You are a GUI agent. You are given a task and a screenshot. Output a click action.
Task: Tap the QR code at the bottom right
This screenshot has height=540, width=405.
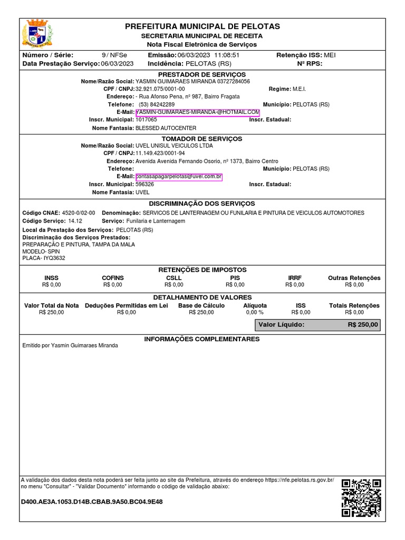pos(361,497)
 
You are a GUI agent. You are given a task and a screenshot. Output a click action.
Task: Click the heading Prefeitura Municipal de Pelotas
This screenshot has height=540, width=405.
pos(202,26)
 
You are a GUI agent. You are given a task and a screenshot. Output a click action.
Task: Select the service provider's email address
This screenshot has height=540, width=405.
pos(197,112)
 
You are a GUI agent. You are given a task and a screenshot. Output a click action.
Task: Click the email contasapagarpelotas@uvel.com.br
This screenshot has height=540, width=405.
pos(179,177)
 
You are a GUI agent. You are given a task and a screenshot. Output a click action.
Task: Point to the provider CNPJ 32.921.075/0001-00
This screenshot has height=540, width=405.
pos(160,89)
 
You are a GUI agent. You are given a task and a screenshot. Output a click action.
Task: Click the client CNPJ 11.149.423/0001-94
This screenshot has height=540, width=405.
pos(160,153)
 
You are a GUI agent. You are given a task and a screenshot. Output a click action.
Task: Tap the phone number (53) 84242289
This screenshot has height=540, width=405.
pos(157,104)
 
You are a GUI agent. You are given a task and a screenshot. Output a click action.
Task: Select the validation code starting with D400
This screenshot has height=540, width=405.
pos(92,502)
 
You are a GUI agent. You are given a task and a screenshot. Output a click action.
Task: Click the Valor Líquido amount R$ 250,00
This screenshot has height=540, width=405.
pos(363,325)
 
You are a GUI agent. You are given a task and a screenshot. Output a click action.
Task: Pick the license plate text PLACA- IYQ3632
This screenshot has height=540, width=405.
pos(44,258)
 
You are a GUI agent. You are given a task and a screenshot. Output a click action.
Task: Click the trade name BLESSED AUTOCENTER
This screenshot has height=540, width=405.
pos(166,128)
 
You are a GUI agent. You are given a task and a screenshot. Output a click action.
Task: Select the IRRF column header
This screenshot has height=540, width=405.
pos(294,278)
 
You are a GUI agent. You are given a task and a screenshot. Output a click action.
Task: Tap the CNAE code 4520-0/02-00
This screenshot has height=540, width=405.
pos(79,213)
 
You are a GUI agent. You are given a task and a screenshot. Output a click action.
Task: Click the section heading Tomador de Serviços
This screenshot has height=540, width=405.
pos(202,139)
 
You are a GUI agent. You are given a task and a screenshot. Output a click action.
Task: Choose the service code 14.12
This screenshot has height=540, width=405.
pos(75,221)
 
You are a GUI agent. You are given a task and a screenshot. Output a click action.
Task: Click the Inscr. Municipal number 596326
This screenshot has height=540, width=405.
pos(145,185)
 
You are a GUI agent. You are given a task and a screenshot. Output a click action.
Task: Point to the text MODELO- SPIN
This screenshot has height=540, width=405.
pos(41,252)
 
